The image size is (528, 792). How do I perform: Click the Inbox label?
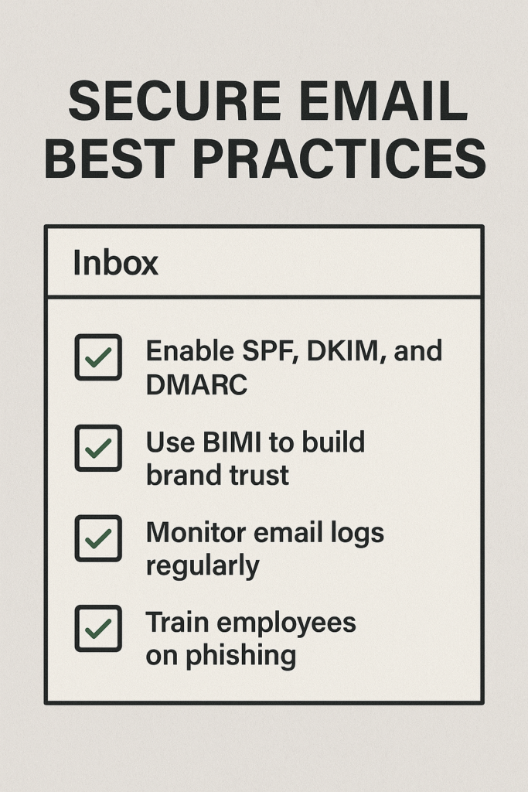point(115,263)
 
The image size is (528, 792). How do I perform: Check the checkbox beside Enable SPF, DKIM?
point(98,357)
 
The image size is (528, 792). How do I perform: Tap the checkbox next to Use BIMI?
point(98,448)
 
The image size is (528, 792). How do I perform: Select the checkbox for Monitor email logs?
point(98,538)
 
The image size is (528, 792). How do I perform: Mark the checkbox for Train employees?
point(98,628)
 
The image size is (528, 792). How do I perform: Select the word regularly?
point(203,565)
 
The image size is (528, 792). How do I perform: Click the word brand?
point(178,474)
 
